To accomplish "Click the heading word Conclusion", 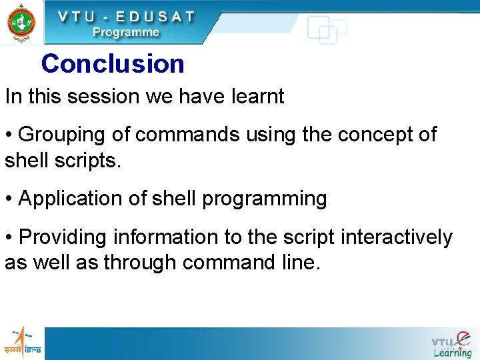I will tap(113, 64).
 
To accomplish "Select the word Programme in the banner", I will tap(126, 32).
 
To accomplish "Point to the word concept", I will tap(373, 134).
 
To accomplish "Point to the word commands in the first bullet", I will tap(186, 134).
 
